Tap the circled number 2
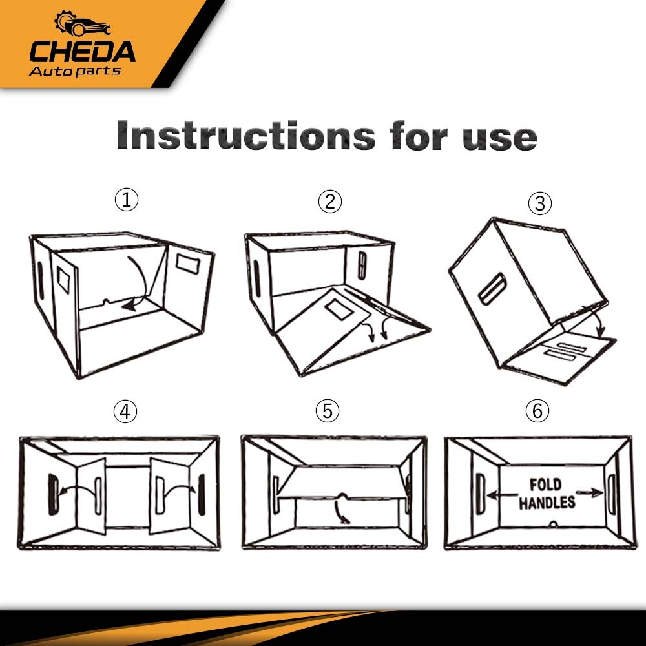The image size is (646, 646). [329, 202]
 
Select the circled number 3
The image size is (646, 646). [540, 204]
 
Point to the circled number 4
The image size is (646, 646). [125, 411]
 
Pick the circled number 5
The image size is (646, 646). [328, 411]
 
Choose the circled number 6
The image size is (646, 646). [537, 411]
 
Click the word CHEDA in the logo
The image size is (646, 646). [82, 52]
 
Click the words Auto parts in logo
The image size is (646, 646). [75, 70]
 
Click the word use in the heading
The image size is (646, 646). [499, 137]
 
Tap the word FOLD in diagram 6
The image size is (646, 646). [545, 484]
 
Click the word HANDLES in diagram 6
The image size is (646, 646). [547, 503]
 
